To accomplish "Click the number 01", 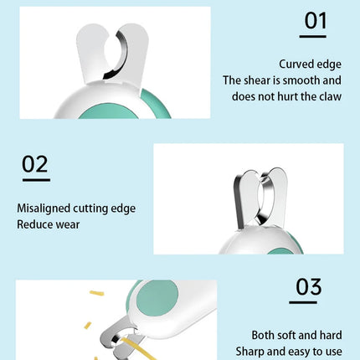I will (x=315, y=19).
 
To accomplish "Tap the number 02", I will (x=35, y=163).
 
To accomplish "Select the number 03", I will (x=308, y=288).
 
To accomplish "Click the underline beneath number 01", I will (x=315, y=36).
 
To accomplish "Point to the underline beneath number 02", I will (x=35, y=179).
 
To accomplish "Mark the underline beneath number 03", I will (x=308, y=302).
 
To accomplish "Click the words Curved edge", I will (x=311, y=64).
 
